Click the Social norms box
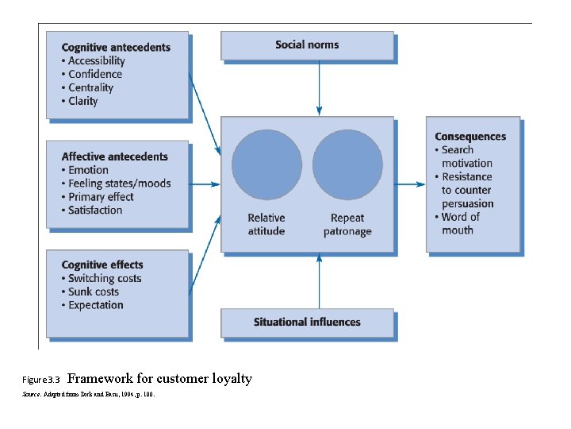coord(307,45)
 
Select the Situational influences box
coord(307,323)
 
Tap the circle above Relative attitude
coord(266,164)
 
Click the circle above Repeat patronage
coord(347,164)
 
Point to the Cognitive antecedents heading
coord(116,48)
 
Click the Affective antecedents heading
coord(114,157)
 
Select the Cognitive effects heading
coord(102,265)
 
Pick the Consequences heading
coord(470,137)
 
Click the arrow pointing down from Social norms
coord(319,87)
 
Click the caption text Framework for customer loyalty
coord(165,379)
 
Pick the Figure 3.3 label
coord(42,381)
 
